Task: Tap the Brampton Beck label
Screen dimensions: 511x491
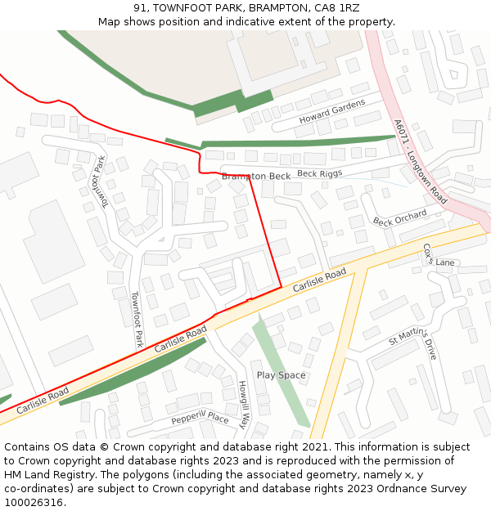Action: pyautogui.click(x=256, y=176)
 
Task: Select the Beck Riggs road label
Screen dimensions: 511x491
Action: pyautogui.click(x=319, y=173)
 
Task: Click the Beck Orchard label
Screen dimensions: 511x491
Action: pyautogui.click(x=400, y=217)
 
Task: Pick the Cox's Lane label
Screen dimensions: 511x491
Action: pyautogui.click(x=439, y=255)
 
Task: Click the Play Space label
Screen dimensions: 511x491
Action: pyautogui.click(x=281, y=375)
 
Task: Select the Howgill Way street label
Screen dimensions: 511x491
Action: pyautogui.click(x=243, y=405)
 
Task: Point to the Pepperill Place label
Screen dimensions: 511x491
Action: pyautogui.click(x=200, y=418)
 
